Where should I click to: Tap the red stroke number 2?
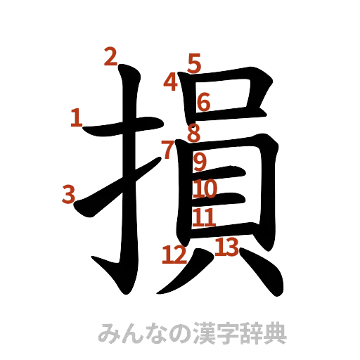tap(110, 56)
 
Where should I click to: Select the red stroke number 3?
tap(68, 193)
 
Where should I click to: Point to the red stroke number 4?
tap(171, 82)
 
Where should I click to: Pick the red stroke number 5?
tap(194, 63)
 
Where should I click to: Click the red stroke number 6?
tap(203, 103)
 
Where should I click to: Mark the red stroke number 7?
tap(167, 149)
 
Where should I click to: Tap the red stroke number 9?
tap(200, 163)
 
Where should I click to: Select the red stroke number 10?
tap(206, 188)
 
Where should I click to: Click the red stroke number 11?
tap(205, 217)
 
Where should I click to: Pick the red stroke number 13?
tap(226, 247)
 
